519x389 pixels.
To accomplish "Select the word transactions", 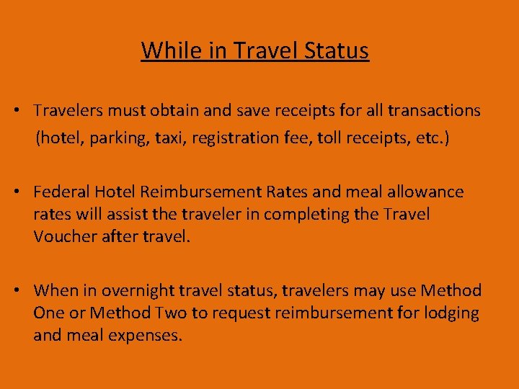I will point(434,110).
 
